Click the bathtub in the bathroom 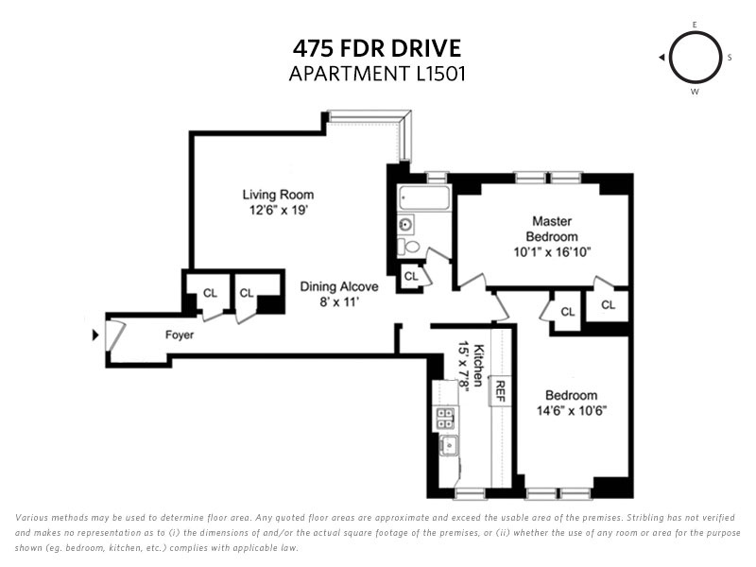424,198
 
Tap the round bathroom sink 406,224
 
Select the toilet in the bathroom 408,247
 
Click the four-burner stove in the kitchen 444,418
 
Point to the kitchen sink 449,444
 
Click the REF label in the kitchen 500,391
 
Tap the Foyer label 180,335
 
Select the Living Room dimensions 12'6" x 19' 278,210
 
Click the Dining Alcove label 339,286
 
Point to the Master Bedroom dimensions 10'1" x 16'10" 552,251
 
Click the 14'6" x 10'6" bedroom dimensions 572,411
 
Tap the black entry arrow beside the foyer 95,335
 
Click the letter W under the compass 695,92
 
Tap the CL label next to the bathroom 411,276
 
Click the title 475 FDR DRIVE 377,49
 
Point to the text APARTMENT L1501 377,74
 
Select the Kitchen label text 478,365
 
